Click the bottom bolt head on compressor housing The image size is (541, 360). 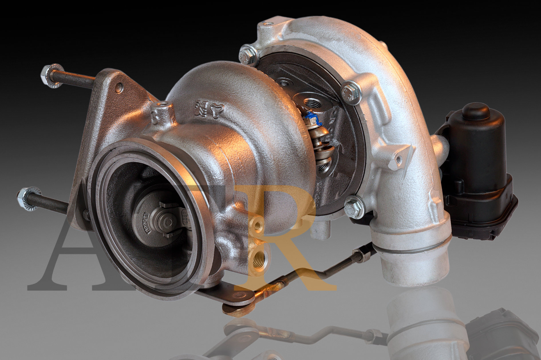tap(354, 207)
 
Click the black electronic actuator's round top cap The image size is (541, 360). tap(476, 111)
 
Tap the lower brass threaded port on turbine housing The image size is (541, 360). tap(259, 259)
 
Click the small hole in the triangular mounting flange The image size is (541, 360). tap(119, 88)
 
